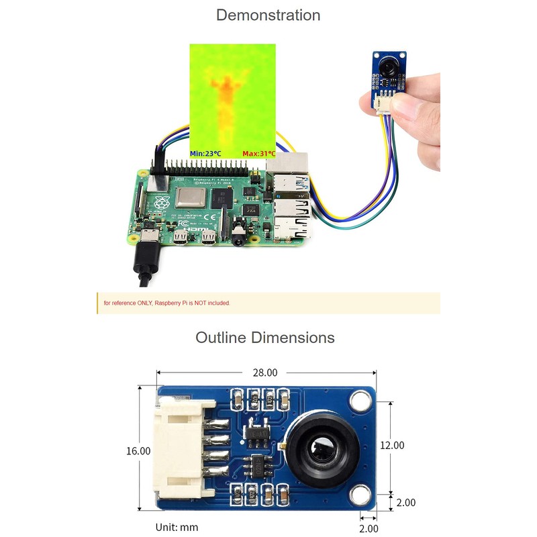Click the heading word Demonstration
[268, 15]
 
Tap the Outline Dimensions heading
[264, 337]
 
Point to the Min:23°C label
[206, 154]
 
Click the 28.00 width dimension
[264, 372]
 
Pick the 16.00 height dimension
[138, 451]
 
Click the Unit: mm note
[177, 527]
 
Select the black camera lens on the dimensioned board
[320, 446]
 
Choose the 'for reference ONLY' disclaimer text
[167, 303]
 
